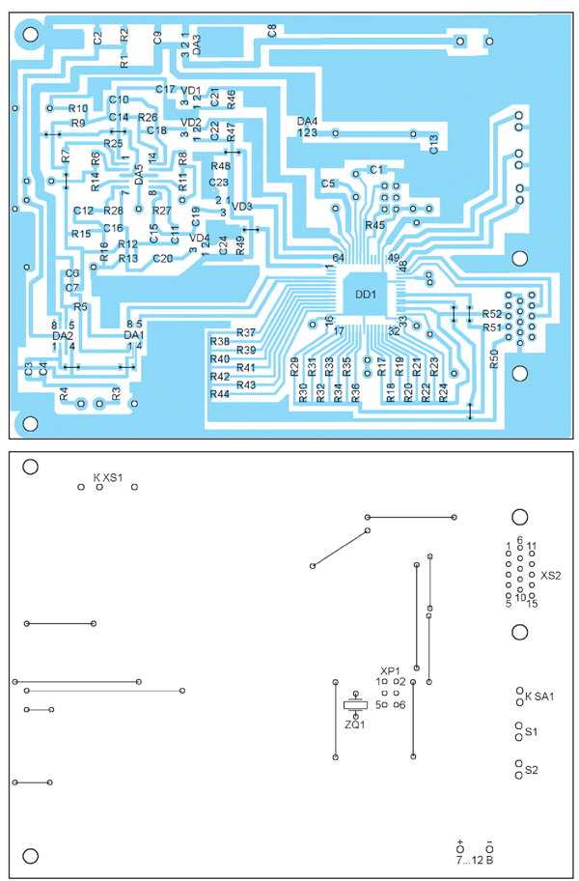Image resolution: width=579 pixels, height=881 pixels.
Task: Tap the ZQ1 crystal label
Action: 355,725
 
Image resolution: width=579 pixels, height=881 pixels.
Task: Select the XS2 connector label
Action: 551,576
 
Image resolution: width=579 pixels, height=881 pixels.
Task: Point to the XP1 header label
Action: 390,670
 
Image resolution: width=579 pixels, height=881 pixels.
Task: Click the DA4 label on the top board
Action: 308,122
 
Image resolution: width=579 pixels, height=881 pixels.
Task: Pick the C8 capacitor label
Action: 272,30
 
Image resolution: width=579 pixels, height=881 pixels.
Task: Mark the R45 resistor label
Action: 374,225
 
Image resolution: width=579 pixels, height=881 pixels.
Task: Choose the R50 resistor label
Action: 495,360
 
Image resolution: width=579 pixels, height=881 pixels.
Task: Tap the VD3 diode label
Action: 242,207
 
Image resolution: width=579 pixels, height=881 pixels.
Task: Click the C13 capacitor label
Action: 434,145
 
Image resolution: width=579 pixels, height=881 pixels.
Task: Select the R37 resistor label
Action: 246,332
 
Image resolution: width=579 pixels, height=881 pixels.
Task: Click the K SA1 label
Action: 539,695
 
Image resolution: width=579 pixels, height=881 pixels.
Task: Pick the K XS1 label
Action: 108,477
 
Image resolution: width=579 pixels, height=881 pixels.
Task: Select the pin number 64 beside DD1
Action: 338,258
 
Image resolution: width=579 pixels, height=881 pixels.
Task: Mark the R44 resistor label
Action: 220,394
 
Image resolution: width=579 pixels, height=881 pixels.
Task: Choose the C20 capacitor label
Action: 162,258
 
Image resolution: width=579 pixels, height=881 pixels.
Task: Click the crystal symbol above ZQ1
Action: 355,702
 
